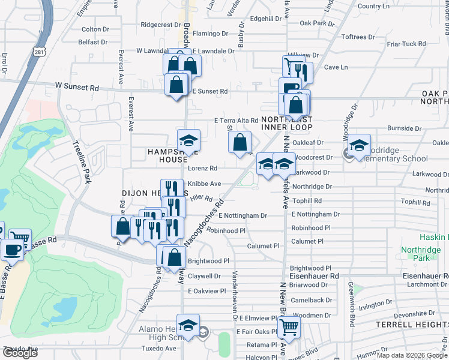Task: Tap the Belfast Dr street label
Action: pos(92,43)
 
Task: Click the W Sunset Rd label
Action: pos(76,88)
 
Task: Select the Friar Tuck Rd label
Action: pos(406,44)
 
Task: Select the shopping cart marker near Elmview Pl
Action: pos(289,328)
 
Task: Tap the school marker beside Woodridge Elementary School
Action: pos(359,145)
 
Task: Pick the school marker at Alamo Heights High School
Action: pos(188,326)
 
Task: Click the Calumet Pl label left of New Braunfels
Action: pos(264,246)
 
